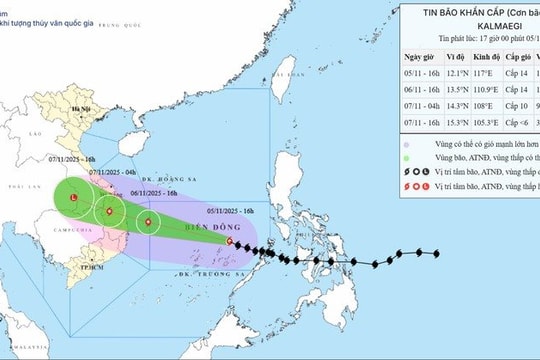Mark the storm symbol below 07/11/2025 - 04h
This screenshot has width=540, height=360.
pos(107,211)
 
